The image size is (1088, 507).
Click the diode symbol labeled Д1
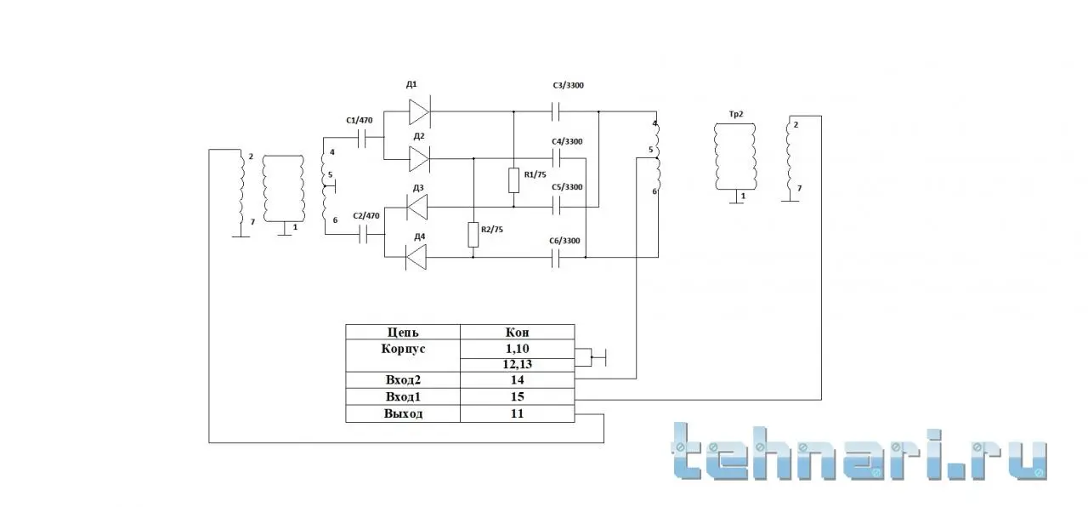click(x=419, y=111)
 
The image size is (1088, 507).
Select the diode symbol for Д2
click(x=419, y=159)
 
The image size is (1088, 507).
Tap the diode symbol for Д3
click(x=416, y=207)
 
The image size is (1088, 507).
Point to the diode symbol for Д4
click(x=416, y=257)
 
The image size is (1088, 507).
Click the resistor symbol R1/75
click(x=514, y=180)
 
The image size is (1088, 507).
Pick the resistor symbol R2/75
click(x=473, y=235)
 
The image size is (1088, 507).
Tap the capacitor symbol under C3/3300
click(x=557, y=111)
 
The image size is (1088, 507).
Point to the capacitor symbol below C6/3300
click(x=557, y=258)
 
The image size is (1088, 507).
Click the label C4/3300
click(x=567, y=141)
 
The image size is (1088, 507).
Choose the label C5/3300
click(x=567, y=187)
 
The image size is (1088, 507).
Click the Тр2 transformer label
click(x=736, y=114)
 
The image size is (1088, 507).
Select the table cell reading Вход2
click(x=403, y=380)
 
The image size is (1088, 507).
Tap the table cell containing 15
click(x=518, y=396)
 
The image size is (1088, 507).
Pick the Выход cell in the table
click(x=403, y=413)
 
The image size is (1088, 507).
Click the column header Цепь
click(x=403, y=332)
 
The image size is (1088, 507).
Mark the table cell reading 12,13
click(x=518, y=365)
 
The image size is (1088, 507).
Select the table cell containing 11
click(x=518, y=413)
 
